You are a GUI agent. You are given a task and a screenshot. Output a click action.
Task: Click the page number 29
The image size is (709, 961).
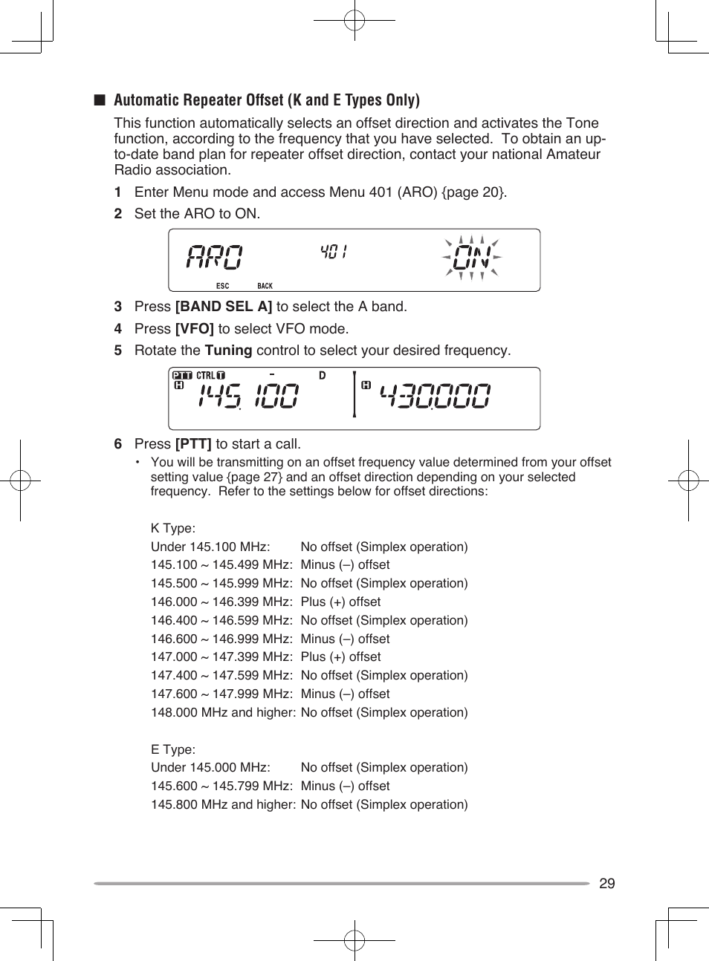point(606,883)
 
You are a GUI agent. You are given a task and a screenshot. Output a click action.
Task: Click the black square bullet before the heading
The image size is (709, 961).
point(99,100)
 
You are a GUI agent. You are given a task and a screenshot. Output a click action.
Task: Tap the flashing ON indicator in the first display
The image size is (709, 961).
point(472,258)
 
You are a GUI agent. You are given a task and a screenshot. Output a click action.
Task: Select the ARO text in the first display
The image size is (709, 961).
point(214,257)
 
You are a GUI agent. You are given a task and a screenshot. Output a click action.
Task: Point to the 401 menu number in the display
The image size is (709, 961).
point(334,252)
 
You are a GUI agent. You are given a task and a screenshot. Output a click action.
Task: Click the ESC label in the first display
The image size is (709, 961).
point(222,286)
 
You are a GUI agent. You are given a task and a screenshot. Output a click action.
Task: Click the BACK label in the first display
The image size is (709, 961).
point(265,286)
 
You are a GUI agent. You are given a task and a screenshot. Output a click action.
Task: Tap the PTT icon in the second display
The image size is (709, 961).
point(182,376)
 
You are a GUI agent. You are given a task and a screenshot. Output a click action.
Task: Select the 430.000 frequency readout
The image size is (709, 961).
point(436,397)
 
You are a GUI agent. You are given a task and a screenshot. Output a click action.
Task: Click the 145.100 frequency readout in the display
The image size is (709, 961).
point(248,397)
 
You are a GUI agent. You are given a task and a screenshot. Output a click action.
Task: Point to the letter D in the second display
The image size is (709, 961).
point(322,376)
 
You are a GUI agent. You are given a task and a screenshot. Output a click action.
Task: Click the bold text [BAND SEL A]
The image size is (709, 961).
point(223,307)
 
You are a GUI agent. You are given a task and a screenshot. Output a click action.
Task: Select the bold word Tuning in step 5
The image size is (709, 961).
point(228,351)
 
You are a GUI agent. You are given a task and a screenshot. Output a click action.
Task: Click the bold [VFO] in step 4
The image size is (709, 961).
point(194,329)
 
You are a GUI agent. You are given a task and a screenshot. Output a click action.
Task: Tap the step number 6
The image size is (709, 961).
point(117,444)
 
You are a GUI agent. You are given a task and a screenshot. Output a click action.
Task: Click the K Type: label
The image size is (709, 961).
point(172,529)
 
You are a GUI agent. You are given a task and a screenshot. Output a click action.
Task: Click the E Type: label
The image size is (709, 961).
point(172,750)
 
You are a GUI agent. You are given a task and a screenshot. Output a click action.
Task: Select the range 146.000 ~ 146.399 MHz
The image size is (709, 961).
point(221,602)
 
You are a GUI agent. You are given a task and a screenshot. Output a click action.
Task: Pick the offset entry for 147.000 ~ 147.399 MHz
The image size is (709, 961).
point(340,657)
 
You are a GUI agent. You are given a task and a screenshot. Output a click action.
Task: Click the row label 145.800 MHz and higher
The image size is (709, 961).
point(222,805)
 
